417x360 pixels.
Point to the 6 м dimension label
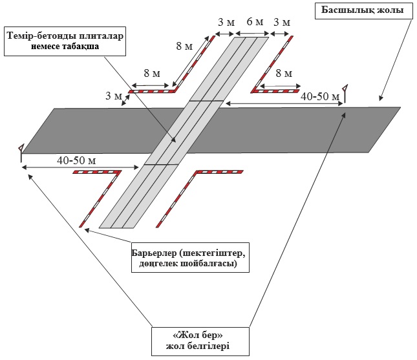pyautogui.click(x=255, y=22)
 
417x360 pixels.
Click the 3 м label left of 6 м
pyautogui.click(x=226, y=22)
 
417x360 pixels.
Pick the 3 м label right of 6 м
pyautogui.click(x=283, y=22)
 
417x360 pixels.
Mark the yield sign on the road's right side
pyautogui.click(x=347, y=92)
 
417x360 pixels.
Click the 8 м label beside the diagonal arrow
pyautogui.click(x=183, y=48)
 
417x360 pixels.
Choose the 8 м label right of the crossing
pyautogui.click(x=283, y=74)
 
